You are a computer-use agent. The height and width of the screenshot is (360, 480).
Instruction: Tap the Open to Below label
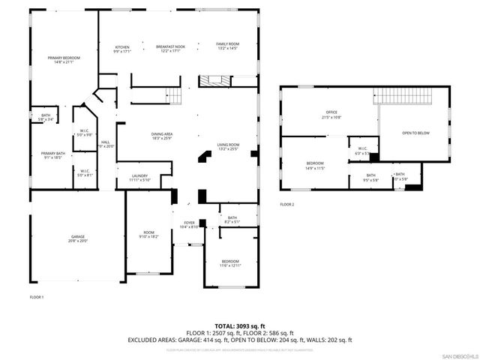pyautogui.click(x=415, y=133)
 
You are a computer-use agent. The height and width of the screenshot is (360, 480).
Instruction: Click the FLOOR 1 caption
pyautogui.click(x=37, y=297)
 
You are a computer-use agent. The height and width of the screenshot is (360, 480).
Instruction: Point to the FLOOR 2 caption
pyautogui.click(x=287, y=204)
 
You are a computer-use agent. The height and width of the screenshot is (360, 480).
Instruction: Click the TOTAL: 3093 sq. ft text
pyautogui.click(x=239, y=325)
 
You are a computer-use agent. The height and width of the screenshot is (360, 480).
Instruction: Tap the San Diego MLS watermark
pyautogui.click(x=457, y=355)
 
